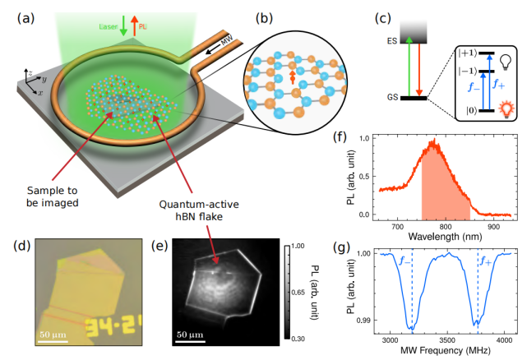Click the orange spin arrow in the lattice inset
[291, 78]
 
